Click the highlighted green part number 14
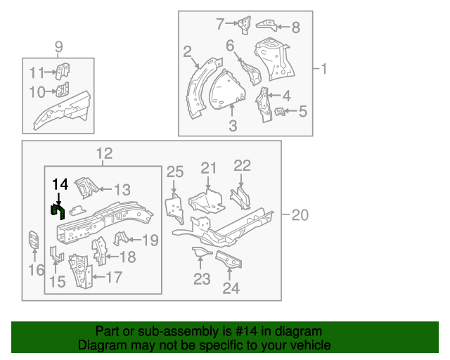pos(57,211)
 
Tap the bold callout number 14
pos(60,184)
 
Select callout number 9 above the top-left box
pos(59,47)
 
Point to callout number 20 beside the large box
pos(299,216)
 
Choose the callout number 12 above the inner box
pos(104,153)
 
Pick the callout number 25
pos(174,172)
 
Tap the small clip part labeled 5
pos(280,111)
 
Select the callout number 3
pos(233,126)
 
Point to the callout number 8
pos(295,27)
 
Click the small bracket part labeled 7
pos(243,25)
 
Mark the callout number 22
pos(242,166)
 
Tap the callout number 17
pos(114,277)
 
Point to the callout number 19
pos(150,240)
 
